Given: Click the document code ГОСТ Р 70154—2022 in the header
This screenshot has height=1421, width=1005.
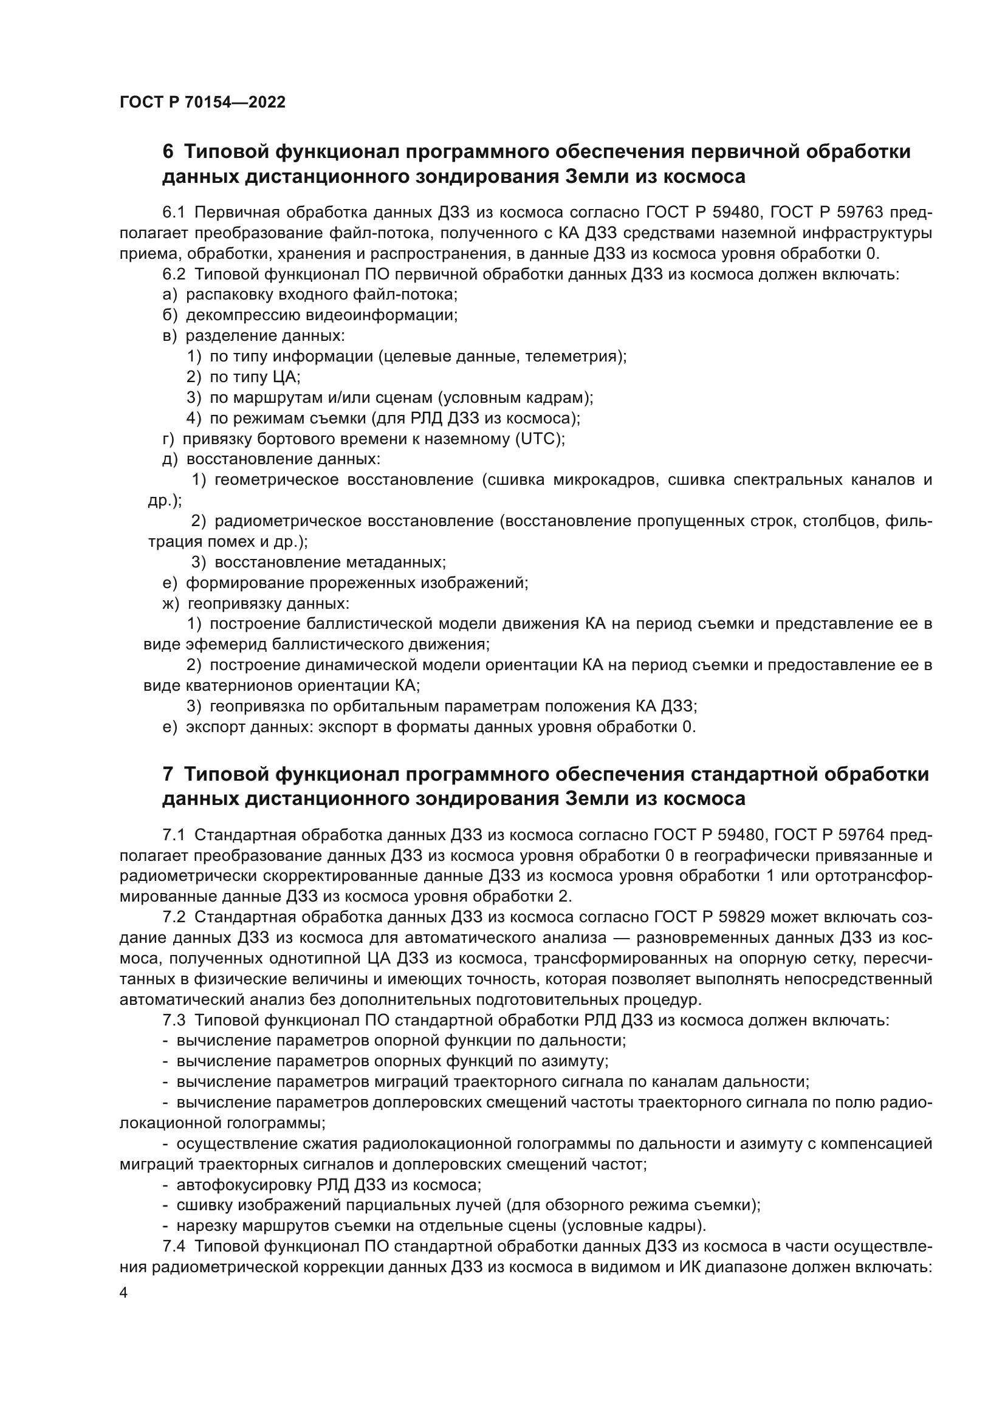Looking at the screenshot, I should [202, 103].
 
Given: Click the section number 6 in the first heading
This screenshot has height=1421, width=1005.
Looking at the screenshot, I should [168, 152].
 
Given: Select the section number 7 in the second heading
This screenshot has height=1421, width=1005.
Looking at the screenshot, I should [168, 774].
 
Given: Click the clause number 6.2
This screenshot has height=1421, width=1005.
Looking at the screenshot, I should [174, 274].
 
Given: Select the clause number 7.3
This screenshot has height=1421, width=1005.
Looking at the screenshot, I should [174, 1020].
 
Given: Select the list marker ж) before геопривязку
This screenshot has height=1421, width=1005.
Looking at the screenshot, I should [170, 603].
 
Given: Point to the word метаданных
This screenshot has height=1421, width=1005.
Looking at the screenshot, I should [396, 562].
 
